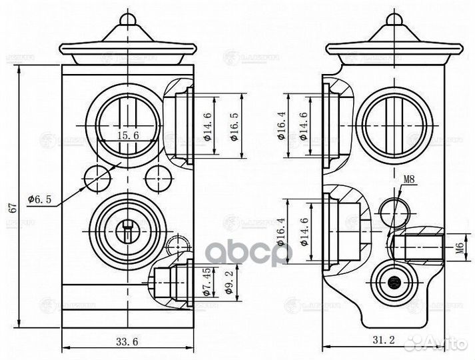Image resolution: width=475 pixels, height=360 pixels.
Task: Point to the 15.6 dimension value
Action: click(x=127, y=135)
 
